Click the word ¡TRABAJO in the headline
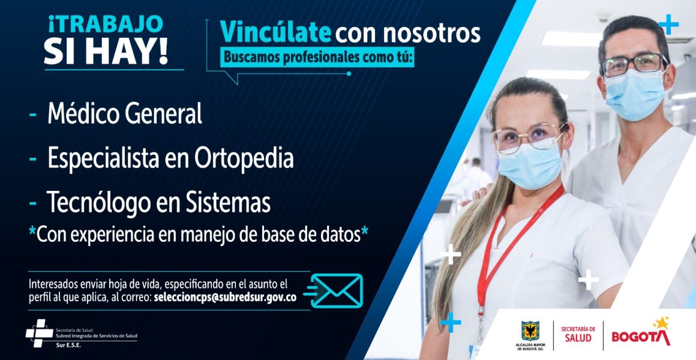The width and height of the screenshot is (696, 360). click(x=106, y=25)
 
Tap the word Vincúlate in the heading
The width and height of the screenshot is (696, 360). click(x=275, y=33)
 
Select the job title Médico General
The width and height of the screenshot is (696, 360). click(x=125, y=113)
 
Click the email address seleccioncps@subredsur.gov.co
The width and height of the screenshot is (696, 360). click(x=225, y=298)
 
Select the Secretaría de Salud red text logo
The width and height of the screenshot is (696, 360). click(x=578, y=334)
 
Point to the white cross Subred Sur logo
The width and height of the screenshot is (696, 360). click(x=39, y=332)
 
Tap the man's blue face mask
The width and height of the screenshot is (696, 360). click(x=635, y=94)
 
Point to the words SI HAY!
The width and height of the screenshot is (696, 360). click(x=106, y=52)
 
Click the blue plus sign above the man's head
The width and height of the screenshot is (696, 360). click(x=668, y=25)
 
